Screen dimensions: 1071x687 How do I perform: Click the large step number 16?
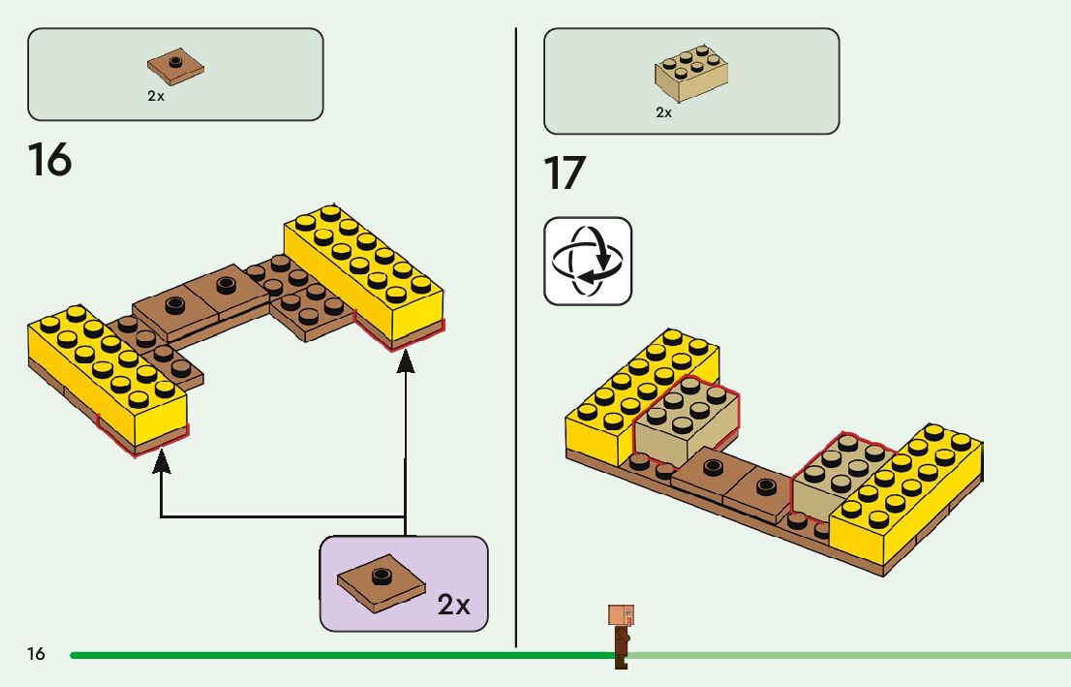tap(49, 160)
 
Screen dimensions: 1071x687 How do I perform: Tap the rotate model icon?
tap(588, 261)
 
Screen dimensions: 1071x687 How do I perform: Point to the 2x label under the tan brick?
tap(663, 112)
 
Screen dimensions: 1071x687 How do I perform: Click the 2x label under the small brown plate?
tap(156, 97)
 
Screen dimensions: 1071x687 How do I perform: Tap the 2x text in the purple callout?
tap(453, 605)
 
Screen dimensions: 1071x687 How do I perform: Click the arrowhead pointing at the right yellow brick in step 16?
tap(406, 360)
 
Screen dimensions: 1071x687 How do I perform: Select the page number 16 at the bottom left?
tap(36, 654)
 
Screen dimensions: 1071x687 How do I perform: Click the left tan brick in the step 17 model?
tap(684, 418)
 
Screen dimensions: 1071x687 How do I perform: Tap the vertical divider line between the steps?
tap(516, 339)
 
